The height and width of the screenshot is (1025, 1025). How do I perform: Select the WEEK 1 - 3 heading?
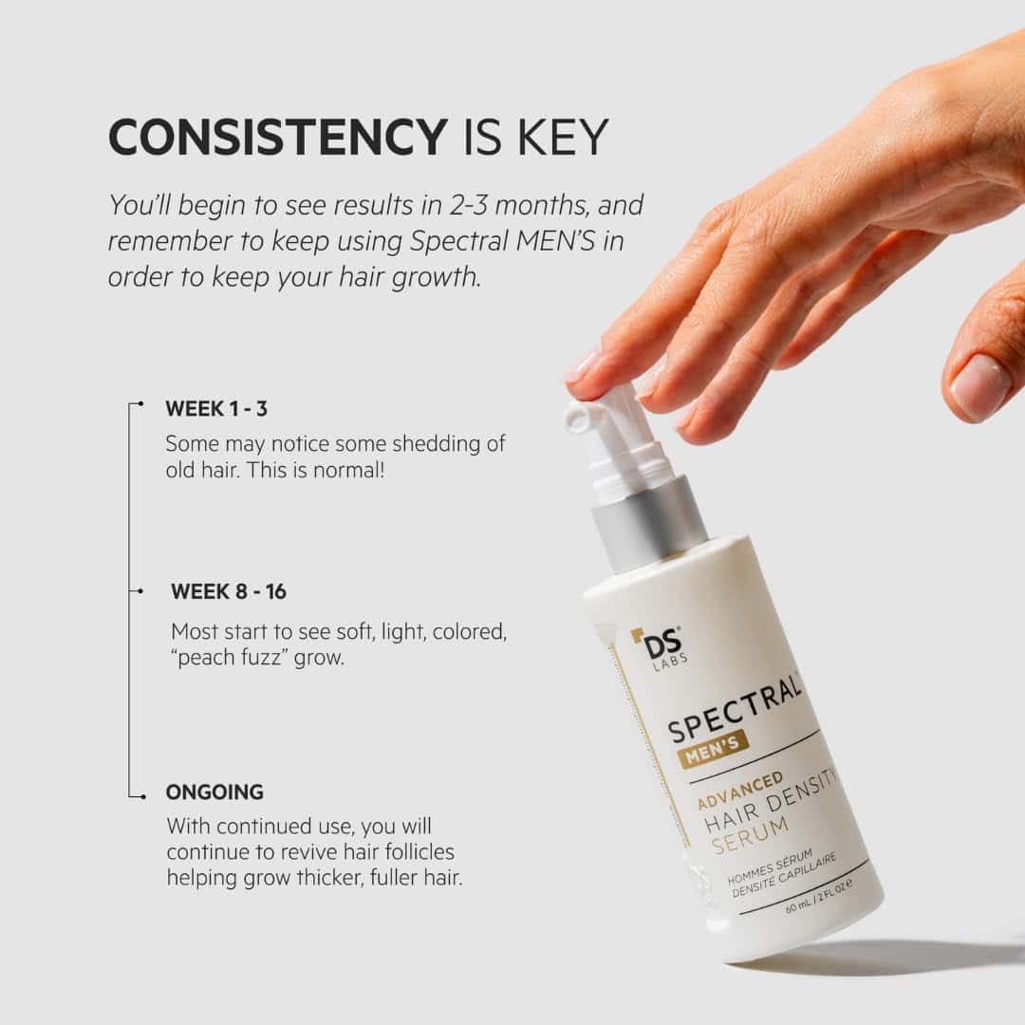pyautogui.click(x=216, y=409)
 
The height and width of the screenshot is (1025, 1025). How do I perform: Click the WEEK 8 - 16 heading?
pyautogui.click(x=229, y=591)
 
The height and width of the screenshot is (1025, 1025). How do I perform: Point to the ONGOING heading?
pyautogui.click(x=214, y=792)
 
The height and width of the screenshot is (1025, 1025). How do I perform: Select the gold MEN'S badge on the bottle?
pyautogui.click(x=714, y=751)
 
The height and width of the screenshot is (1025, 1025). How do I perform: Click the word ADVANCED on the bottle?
pyautogui.click(x=740, y=791)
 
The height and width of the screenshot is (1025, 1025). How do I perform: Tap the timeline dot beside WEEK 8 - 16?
pyautogui.click(x=140, y=591)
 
